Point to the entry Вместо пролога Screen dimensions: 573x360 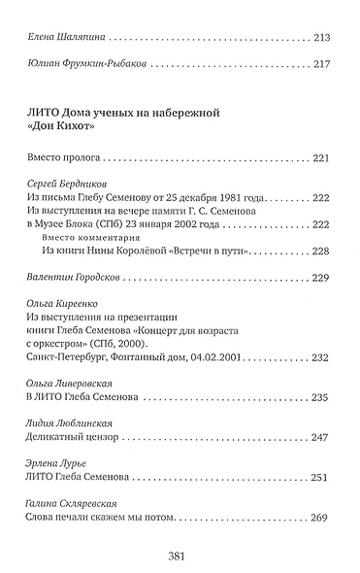(61, 157)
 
